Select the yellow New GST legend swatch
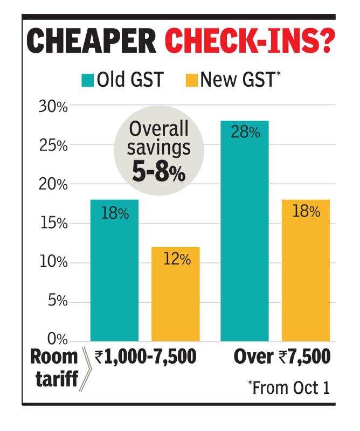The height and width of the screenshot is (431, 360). (192, 81)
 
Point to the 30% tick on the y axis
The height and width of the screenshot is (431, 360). (53, 107)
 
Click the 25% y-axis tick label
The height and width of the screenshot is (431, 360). (53, 146)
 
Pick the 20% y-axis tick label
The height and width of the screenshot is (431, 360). (53, 185)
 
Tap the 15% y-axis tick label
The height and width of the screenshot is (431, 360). (53, 224)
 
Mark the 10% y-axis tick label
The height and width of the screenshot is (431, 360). (53, 262)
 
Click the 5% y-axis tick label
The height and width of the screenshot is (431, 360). (57, 301)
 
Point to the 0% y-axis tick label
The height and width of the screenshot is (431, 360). (57, 340)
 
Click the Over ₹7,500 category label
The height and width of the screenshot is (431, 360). (281, 357)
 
